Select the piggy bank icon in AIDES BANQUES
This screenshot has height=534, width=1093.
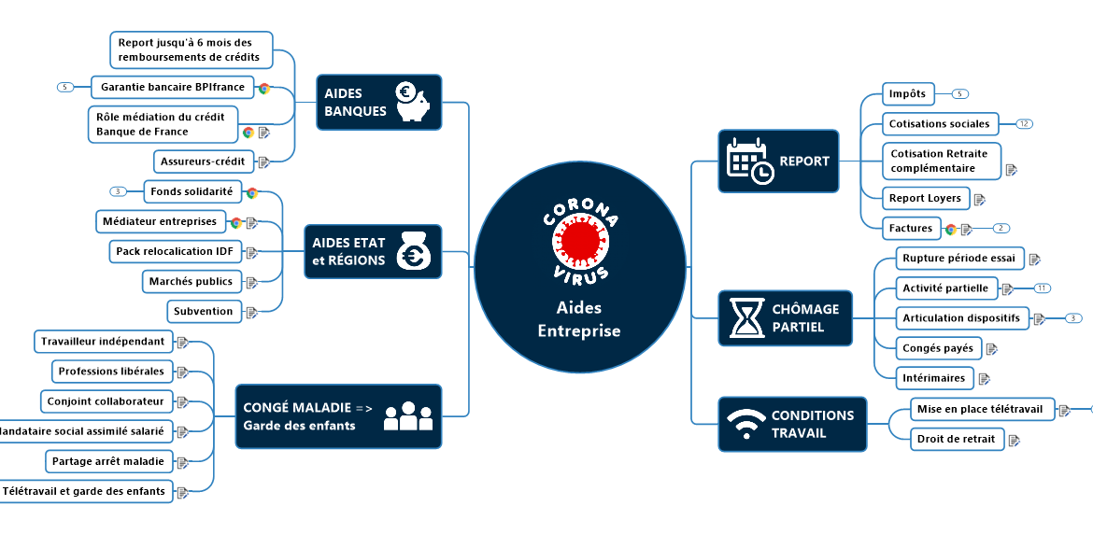point(411,102)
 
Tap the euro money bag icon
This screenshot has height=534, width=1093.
point(412,251)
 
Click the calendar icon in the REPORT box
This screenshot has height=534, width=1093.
point(749,161)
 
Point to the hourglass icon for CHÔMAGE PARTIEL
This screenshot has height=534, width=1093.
point(745,317)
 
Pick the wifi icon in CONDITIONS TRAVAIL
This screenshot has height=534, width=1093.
point(745,424)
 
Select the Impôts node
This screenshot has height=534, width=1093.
point(908,93)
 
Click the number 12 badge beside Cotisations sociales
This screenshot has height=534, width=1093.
point(1024,123)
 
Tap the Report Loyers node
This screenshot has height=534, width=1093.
point(925,198)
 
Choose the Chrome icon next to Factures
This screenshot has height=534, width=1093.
point(951,229)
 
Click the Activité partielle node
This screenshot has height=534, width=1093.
point(944,288)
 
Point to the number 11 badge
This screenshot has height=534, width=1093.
point(1042,288)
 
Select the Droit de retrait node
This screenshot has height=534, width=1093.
point(956,439)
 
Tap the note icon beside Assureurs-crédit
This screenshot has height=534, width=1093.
point(263,162)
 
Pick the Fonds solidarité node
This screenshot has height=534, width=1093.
point(193,191)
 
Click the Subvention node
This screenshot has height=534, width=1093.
point(203,311)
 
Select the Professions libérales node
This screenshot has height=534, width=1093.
point(111,372)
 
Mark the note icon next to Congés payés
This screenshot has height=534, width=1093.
point(991,349)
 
